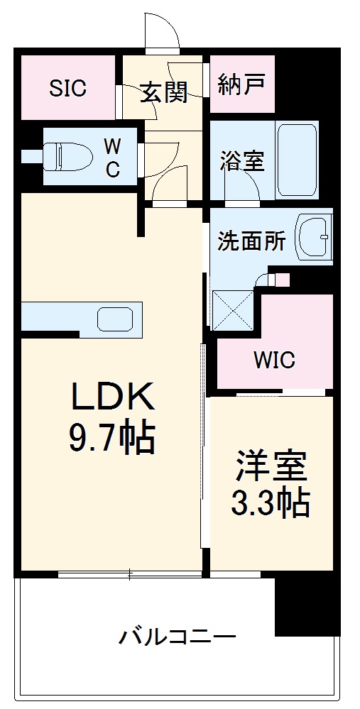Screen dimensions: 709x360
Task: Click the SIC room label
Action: (67, 88)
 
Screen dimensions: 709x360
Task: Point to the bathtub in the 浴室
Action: (298, 160)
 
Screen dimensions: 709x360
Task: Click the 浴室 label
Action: (241, 161)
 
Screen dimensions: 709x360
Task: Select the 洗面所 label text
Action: (251, 241)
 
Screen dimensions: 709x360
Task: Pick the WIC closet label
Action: (274, 360)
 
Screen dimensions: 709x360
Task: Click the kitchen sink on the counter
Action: (115, 319)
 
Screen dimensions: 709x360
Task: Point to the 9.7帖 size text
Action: (111, 439)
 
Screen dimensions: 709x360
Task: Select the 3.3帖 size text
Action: (271, 502)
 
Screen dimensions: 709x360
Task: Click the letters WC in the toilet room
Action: (112, 158)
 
